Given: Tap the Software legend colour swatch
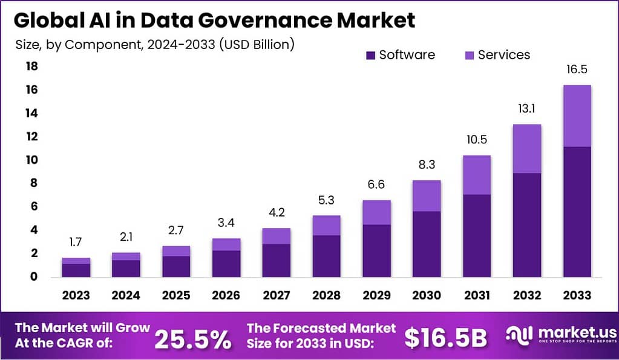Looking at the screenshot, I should [x=370, y=55].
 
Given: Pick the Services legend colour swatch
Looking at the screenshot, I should [x=469, y=55].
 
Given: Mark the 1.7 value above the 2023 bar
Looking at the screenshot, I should [x=76, y=243].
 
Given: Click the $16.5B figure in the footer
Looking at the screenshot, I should [x=445, y=338].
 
